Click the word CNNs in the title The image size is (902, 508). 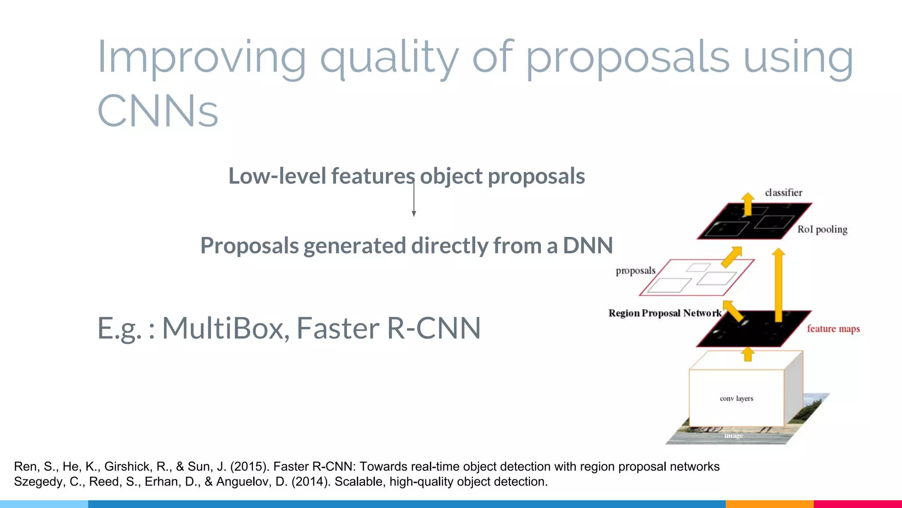point(157,111)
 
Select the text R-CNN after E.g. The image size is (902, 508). point(433,328)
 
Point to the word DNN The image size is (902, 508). point(588,246)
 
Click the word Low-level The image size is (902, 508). point(278,176)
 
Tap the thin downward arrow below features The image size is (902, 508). point(414,201)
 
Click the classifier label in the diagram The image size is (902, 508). point(783,193)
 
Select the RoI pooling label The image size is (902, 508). point(822,229)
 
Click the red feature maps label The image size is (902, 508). point(833,329)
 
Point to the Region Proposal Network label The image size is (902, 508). point(664,313)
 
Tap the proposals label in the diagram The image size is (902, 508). point(635,271)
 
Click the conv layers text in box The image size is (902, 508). point(736,399)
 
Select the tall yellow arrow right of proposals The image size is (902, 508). point(778,284)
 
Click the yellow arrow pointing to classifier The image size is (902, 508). point(747,204)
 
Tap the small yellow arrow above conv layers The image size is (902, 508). point(747,354)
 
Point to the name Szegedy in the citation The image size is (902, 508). point(38,482)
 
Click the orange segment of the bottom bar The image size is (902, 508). point(769,504)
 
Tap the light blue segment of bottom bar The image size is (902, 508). point(44,504)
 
